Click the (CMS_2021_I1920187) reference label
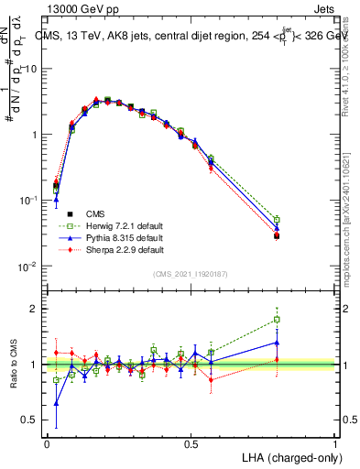coord(191,274)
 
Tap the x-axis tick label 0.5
coord(191,443)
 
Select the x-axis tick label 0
coord(47,443)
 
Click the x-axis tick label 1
coord(335,443)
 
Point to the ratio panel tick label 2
coord(34,309)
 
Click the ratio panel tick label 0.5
coord(29,420)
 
